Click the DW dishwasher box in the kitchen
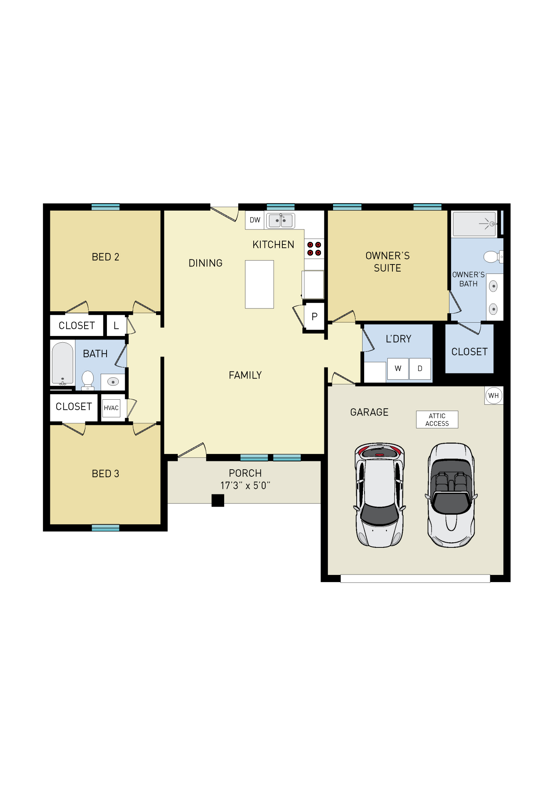(x=255, y=220)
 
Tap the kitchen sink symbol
(x=280, y=220)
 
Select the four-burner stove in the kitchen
(x=314, y=249)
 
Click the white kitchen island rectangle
(x=259, y=284)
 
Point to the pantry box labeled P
(x=314, y=316)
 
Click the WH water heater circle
(x=493, y=395)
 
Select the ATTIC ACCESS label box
(x=437, y=419)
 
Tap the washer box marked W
(x=398, y=368)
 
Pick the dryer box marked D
(x=420, y=368)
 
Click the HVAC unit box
(x=111, y=408)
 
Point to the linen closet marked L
(x=116, y=325)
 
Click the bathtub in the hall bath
(x=63, y=364)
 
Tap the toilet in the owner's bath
(x=492, y=257)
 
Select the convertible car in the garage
(x=451, y=495)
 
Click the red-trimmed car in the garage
(x=379, y=495)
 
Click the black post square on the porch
(x=218, y=500)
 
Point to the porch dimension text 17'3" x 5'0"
(x=245, y=486)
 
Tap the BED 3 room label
(x=105, y=474)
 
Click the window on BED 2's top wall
(x=105, y=207)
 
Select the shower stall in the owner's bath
(x=474, y=224)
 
